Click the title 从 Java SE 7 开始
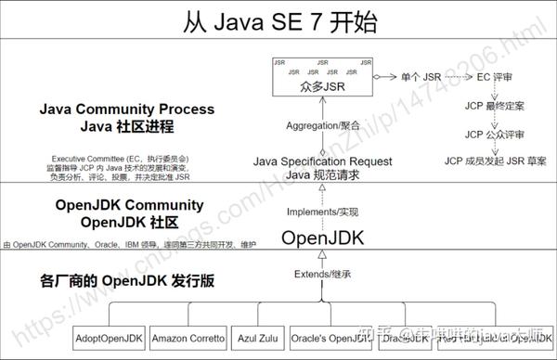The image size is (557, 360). pos(278,19)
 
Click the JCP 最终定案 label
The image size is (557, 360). pos(495,107)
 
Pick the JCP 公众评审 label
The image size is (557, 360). pos(495,134)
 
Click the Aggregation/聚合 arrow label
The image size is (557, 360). pos(321,123)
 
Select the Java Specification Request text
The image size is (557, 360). pos(321,161)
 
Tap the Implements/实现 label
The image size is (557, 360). pos(321,211)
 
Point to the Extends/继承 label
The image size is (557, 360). pos(321,276)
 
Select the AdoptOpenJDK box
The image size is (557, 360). pos(109,339)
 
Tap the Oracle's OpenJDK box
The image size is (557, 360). pos(329,339)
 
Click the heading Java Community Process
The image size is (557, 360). pos(125,109)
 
